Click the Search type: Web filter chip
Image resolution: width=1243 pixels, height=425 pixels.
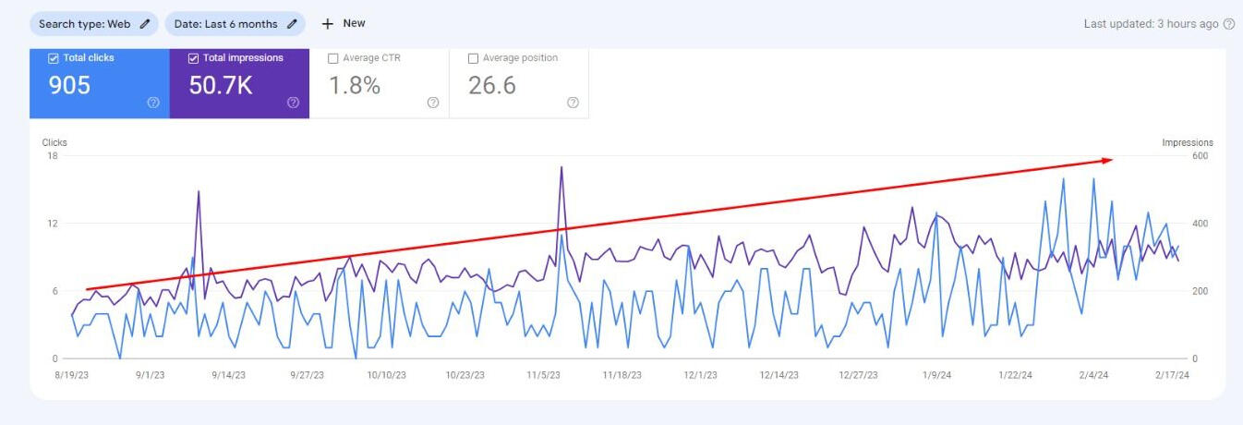pos(93,24)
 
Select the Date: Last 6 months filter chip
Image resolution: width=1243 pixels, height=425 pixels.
pos(235,24)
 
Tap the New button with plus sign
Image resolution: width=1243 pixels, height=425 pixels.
pos(344,24)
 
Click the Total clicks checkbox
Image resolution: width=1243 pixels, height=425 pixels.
pos(54,58)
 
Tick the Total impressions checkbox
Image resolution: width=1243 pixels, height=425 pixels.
pos(194,58)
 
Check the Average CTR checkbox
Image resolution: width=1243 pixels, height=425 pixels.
pos(333,58)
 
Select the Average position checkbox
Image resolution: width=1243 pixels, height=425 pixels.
pos(474,58)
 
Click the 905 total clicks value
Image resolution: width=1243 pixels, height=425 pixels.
pos(69,86)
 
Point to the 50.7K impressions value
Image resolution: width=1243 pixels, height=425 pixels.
pos(221,86)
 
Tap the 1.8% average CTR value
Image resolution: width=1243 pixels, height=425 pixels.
pos(355,86)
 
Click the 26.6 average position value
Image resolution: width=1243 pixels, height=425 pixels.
pos(492,86)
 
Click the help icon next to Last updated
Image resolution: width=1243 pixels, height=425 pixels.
pos(1228,24)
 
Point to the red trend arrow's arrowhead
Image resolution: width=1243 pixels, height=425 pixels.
pos(1109,160)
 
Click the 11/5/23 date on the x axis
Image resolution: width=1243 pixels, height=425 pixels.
pos(544,375)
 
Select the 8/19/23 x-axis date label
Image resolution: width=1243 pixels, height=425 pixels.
pos(72,375)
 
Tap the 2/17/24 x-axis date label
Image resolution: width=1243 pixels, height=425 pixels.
pos(1171,375)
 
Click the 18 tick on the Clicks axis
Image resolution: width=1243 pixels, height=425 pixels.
pos(53,155)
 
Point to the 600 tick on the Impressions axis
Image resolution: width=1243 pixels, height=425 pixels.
pos(1200,155)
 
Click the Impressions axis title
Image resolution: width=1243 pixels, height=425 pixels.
pos(1188,142)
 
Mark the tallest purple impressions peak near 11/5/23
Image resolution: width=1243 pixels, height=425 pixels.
pos(561,168)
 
